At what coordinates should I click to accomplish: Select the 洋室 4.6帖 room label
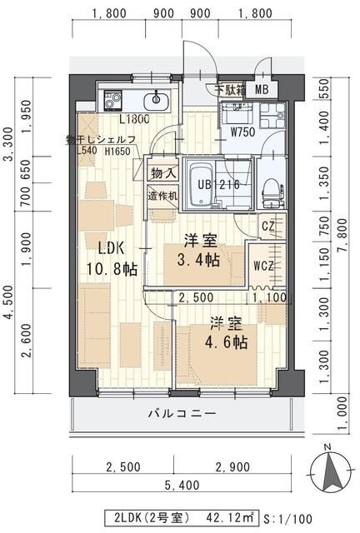(226, 332)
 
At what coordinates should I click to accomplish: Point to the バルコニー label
(182, 413)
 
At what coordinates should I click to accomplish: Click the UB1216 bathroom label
(219, 184)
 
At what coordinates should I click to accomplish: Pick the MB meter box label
(262, 91)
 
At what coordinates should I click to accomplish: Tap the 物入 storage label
(162, 173)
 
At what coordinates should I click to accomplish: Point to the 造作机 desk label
(162, 197)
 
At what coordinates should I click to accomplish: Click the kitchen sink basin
(156, 102)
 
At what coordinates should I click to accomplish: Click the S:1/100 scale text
(291, 516)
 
